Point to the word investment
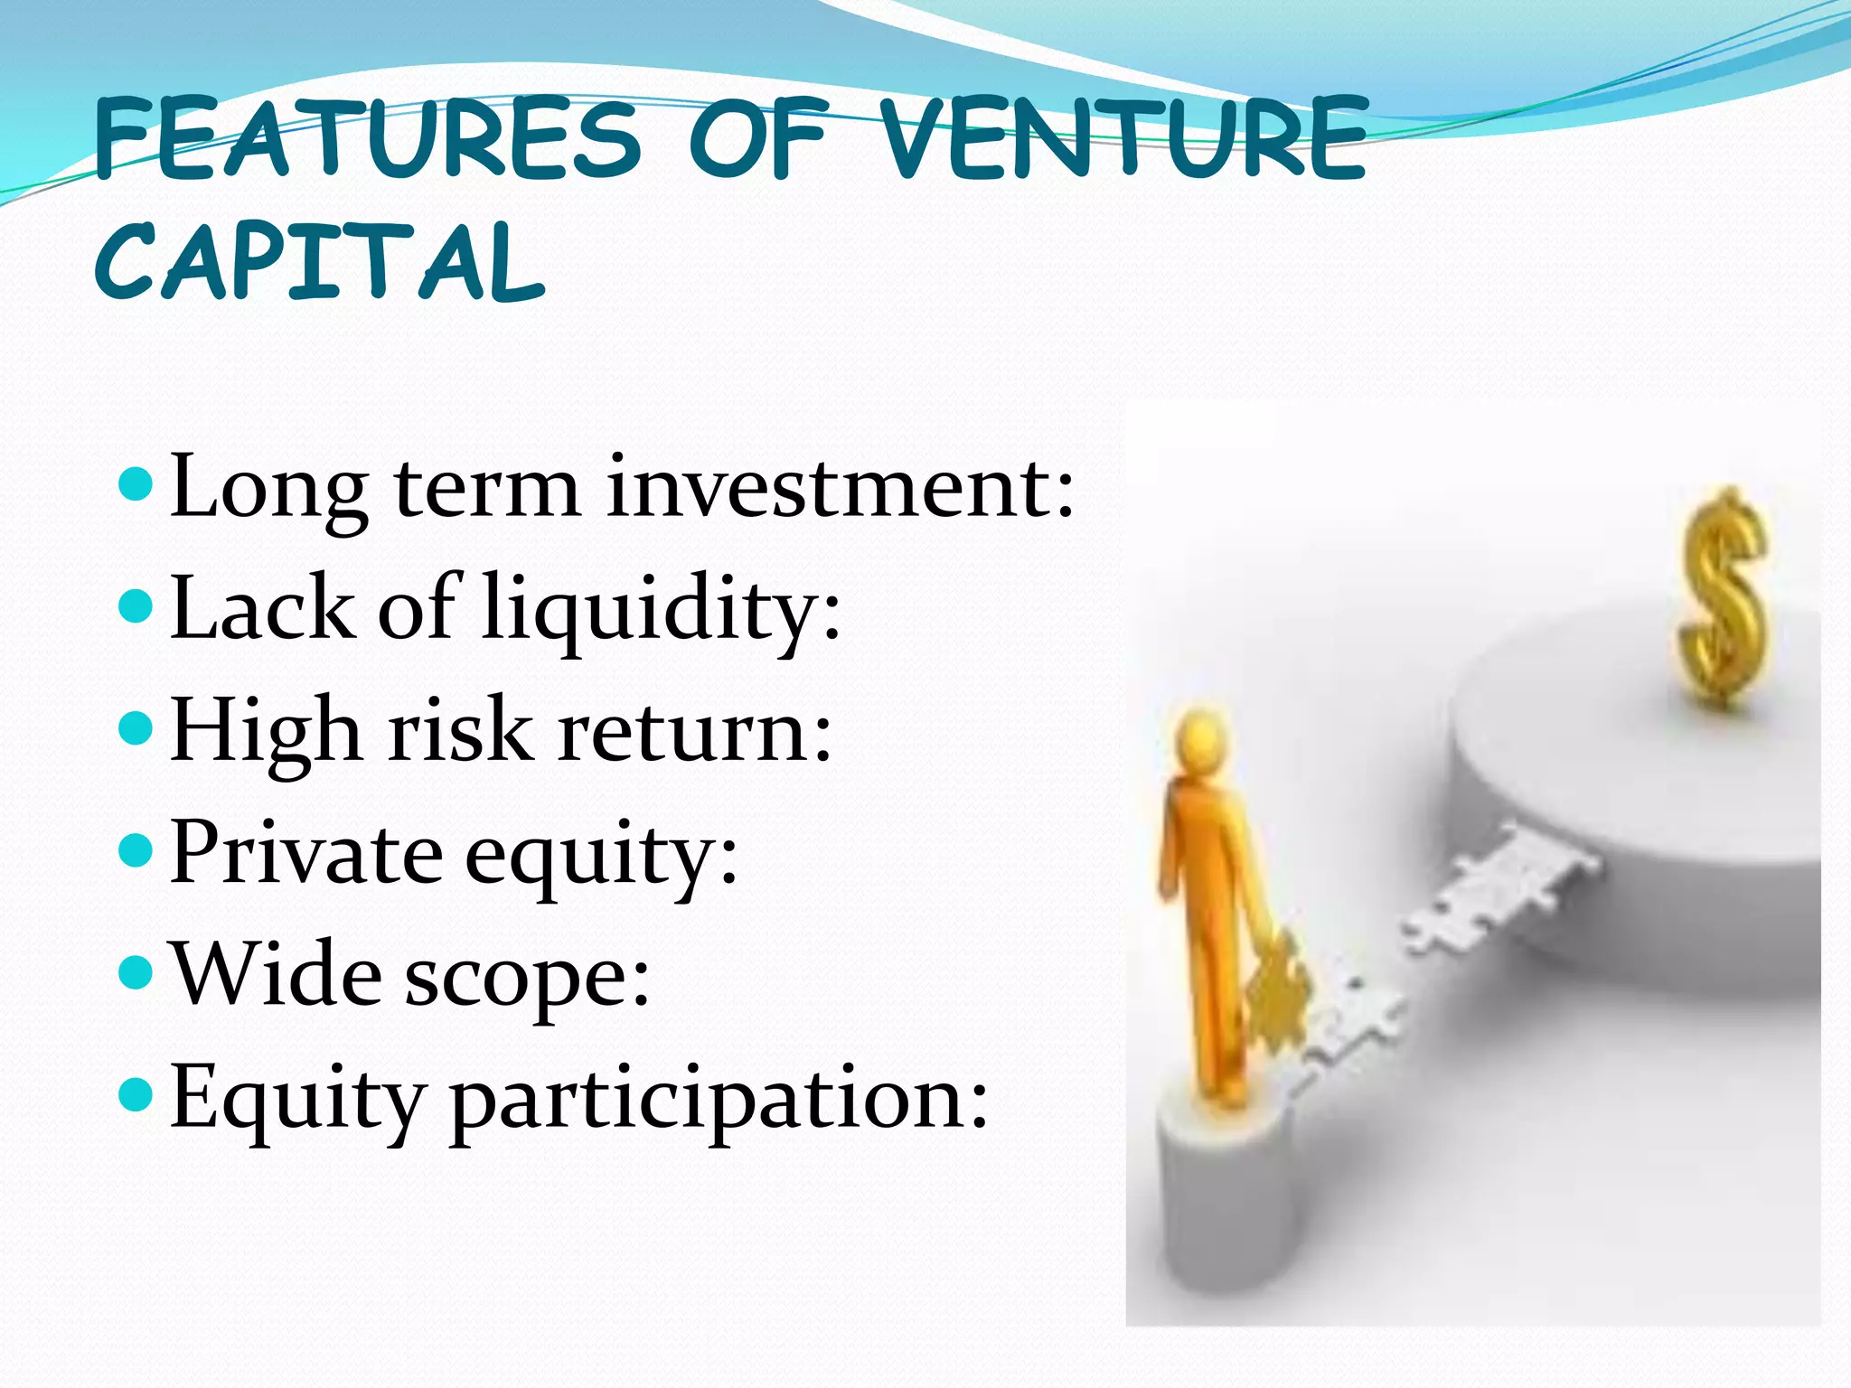pyautogui.click(x=841, y=488)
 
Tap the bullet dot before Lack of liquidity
pyautogui.click(x=136, y=606)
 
